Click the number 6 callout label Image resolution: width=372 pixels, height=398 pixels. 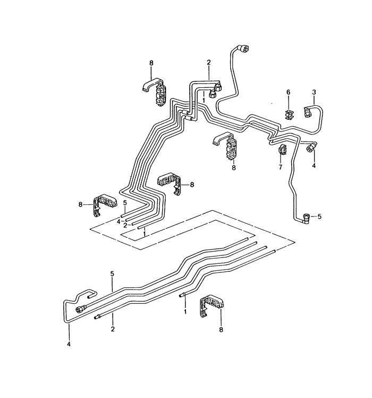(x=288, y=92)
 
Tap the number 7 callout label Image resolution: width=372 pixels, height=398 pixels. (x=280, y=167)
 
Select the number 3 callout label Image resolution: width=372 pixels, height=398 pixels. (x=314, y=92)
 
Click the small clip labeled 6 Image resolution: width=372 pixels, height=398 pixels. (x=289, y=114)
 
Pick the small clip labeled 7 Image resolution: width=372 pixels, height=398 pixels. (x=282, y=149)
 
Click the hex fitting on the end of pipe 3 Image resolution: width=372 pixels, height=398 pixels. (x=307, y=112)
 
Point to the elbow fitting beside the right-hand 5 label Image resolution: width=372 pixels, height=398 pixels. (x=306, y=218)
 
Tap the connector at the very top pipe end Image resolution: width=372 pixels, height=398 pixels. (x=244, y=48)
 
